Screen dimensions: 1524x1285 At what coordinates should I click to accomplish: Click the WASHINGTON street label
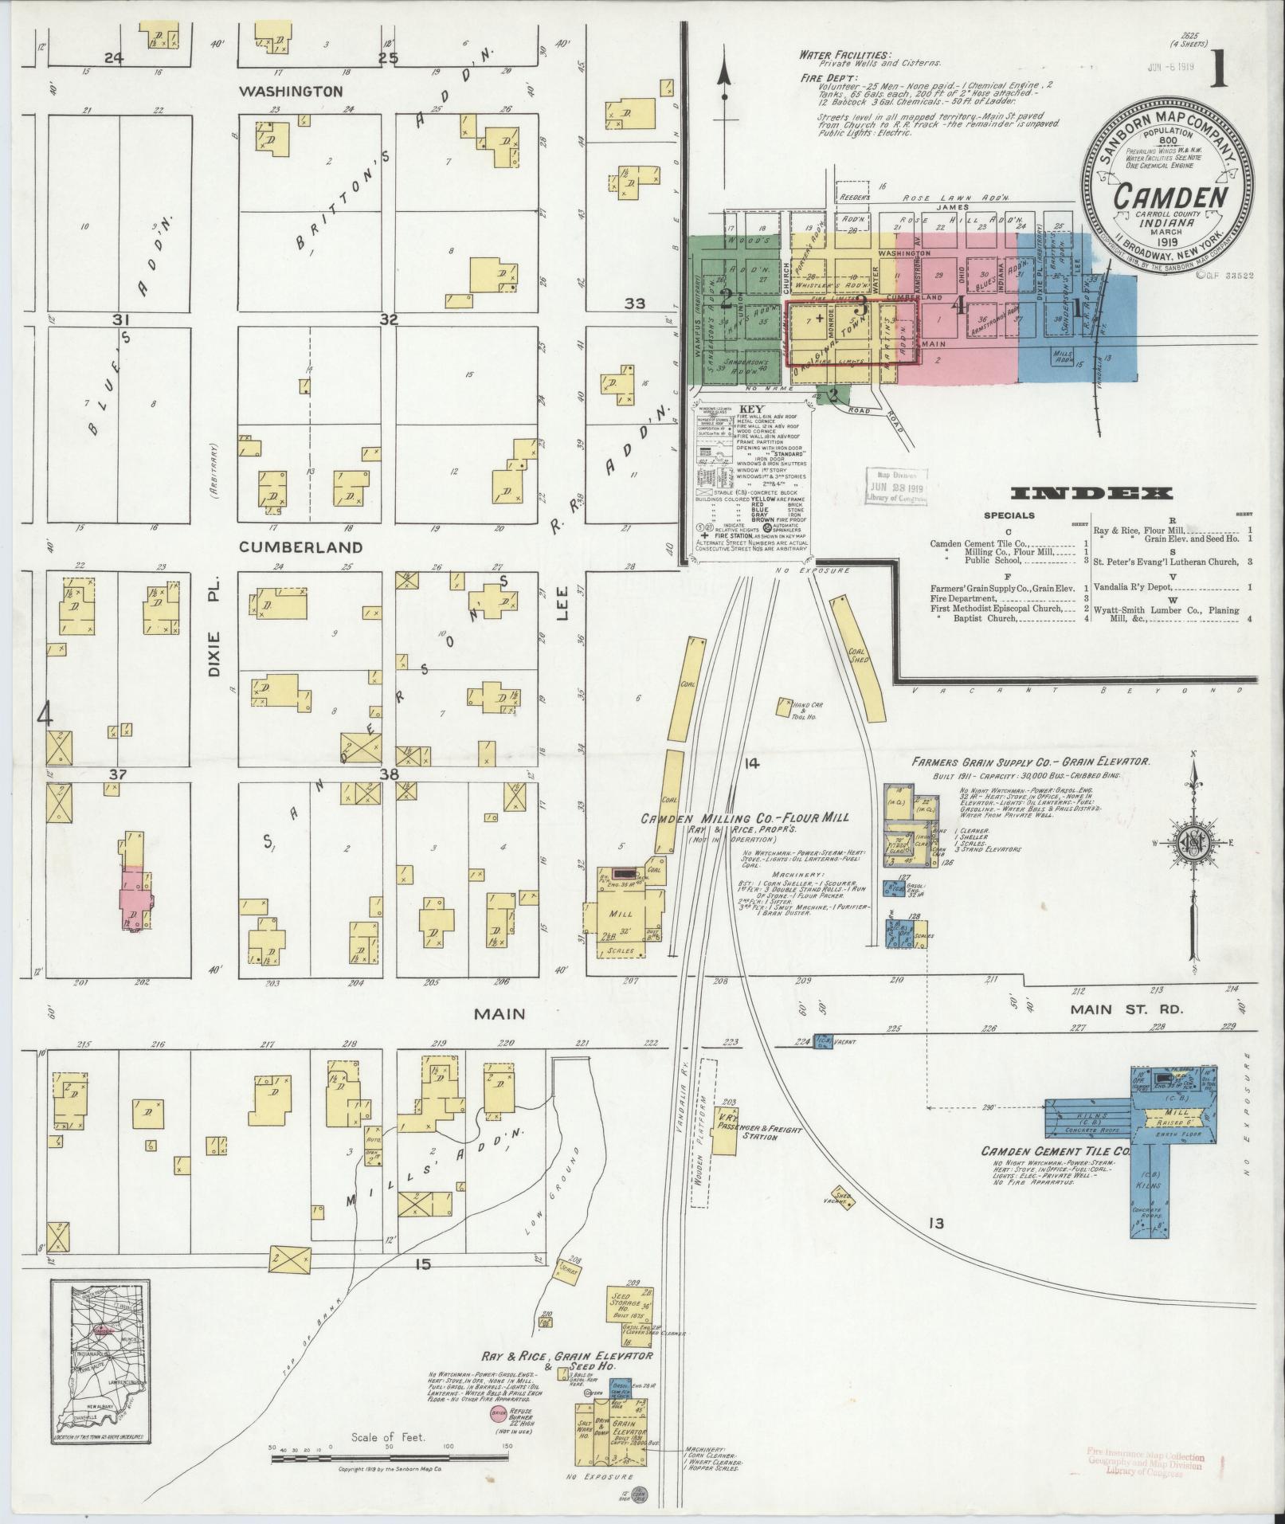pos(291,92)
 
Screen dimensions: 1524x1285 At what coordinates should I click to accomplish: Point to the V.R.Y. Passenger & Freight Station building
pos(723,1129)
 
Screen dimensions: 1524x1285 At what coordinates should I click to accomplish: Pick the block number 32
pos(389,319)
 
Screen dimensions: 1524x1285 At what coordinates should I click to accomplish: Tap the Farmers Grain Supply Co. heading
pos(1031,762)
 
